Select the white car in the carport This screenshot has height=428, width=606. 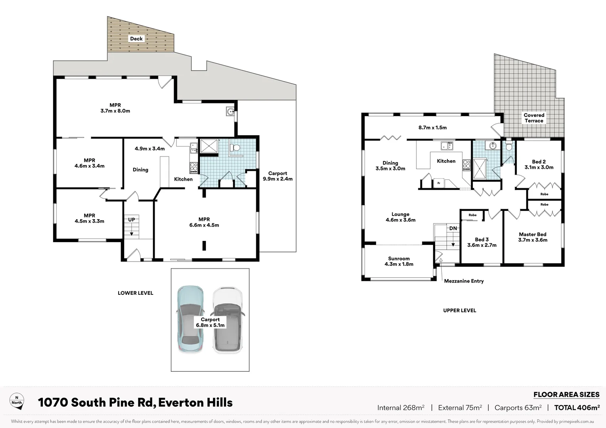pyautogui.click(x=228, y=319)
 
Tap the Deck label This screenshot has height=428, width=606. pyautogui.click(x=136, y=38)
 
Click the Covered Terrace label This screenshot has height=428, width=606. pyautogui.click(x=534, y=118)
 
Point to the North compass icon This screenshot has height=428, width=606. pyautogui.click(x=17, y=401)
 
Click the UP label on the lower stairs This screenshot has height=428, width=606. pyautogui.click(x=131, y=220)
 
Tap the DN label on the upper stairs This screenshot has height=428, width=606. pyautogui.click(x=453, y=228)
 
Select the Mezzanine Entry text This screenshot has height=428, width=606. pyautogui.click(x=464, y=281)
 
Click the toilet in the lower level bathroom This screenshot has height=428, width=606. pyautogui.click(x=236, y=147)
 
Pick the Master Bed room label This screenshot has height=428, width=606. pyautogui.click(x=533, y=234)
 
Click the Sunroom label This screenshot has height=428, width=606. pyautogui.click(x=399, y=258)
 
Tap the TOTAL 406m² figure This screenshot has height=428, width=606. pyautogui.click(x=577, y=407)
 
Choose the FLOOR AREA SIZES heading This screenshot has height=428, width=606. pyautogui.click(x=566, y=394)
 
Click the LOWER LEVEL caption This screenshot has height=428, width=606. pyautogui.click(x=135, y=293)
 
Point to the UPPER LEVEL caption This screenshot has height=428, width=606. pyautogui.click(x=459, y=310)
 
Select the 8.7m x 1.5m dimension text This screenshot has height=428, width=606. pyautogui.click(x=432, y=128)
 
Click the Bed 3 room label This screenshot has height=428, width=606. pyautogui.click(x=481, y=239)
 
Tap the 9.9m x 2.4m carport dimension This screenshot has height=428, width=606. pyautogui.click(x=278, y=179)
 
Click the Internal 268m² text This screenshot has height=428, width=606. pyautogui.click(x=401, y=407)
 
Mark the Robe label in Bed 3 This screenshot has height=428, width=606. pyautogui.click(x=472, y=215)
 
